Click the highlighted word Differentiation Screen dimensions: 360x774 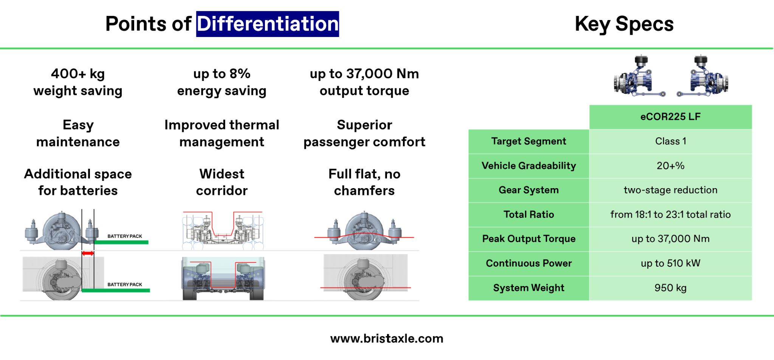pyautogui.click(x=267, y=24)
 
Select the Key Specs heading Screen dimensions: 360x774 pyautogui.click(x=624, y=24)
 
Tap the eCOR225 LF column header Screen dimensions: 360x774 pyautogui.click(x=670, y=117)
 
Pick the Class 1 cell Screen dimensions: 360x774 pyautogui.click(x=670, y=141)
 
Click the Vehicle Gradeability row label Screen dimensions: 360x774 pyautogui.click(x=528, y=166)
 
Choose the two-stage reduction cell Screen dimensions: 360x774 pyautogui.click(x=670, y=190)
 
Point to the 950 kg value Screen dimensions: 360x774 pyautogui.click(x=670, y=288)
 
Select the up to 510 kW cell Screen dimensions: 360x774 pyautogui.click(x=670, y=263)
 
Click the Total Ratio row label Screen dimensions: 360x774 pyautogui.click(x=528, y=215)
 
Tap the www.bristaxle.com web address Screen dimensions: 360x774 pyautogui.click(x=387, y=338)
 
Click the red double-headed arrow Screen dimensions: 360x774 pyautogui.click(x=88, y=253)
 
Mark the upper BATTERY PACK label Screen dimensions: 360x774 pyautogui.click(x=125, y=236)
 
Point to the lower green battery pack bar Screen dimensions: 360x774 pyautogui.click(x=116, y=290)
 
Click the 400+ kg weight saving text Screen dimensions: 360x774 pyautogui.click(x=78, y=82)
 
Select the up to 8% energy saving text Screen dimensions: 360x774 pyautogui.click(x=222, y=82)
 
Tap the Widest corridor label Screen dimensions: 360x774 pyautogui.click(x=222, y=182)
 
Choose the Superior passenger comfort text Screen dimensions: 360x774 pyautogui.click(x=364, y=133)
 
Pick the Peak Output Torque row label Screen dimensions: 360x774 pyautogui.click(x=528, y=239)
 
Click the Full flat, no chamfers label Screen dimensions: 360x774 pyautogui.click(x=364, y=182)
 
